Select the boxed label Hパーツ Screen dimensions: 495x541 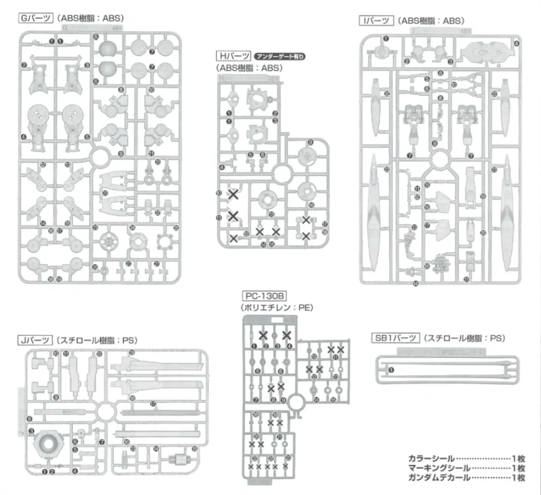[x=233, y=56]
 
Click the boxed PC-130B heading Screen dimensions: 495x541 [x=264, y=296]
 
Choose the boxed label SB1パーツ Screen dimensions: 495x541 [x=395, y=338]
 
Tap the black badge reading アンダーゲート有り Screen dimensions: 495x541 [x=280, y=56]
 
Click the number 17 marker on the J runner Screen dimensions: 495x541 [x=153, y=403]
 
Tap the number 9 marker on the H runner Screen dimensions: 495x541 [x=310, y=143]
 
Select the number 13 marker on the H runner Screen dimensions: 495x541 [x=272, y=214]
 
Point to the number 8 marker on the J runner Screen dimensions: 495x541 [x=31, y=418]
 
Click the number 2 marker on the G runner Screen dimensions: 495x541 [x=24, y=65]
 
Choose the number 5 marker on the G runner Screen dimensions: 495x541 [x=87, y=136]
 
